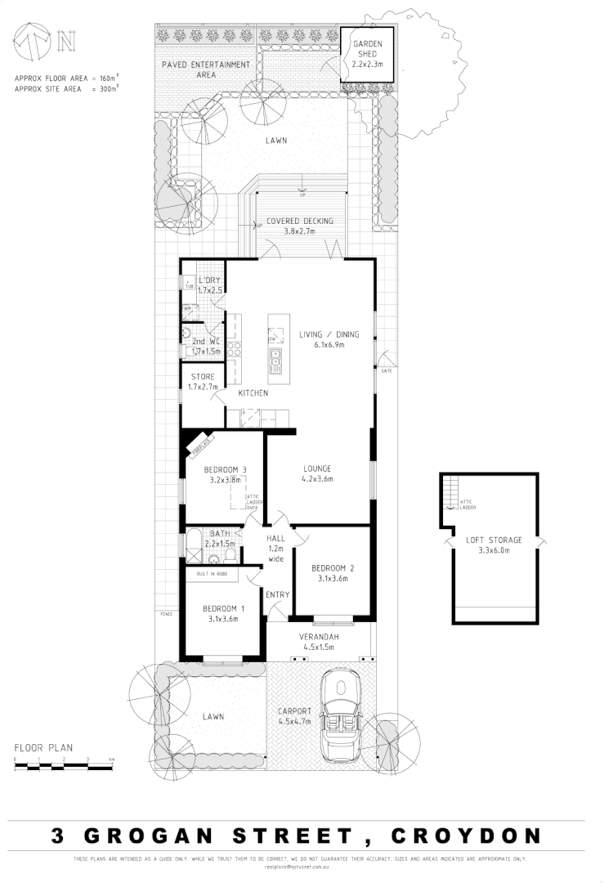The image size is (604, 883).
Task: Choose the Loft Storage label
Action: (493, 545)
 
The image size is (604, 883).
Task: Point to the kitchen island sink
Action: (276, 358)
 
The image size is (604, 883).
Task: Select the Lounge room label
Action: (316, 474)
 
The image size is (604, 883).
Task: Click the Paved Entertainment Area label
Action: (205, 69)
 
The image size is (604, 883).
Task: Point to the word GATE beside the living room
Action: (386, 372)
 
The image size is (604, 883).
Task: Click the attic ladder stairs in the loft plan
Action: (450, 492)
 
